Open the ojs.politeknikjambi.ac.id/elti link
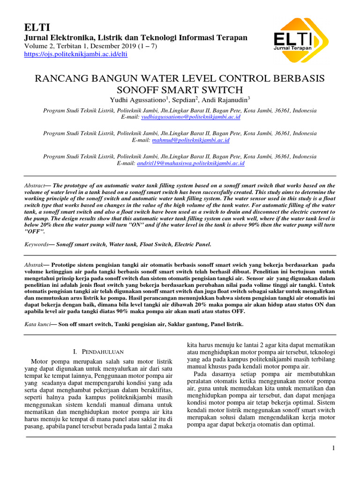[75, 54]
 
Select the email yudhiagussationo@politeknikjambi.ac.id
[191, 117]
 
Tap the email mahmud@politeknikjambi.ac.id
[191, 140]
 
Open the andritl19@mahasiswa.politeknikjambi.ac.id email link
[191, 163]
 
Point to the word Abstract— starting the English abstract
[37, 186]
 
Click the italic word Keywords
[37, 244]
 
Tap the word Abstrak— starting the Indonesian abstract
[36, 265]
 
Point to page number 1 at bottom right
[333, 448]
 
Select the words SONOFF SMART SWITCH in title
[180, 90]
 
